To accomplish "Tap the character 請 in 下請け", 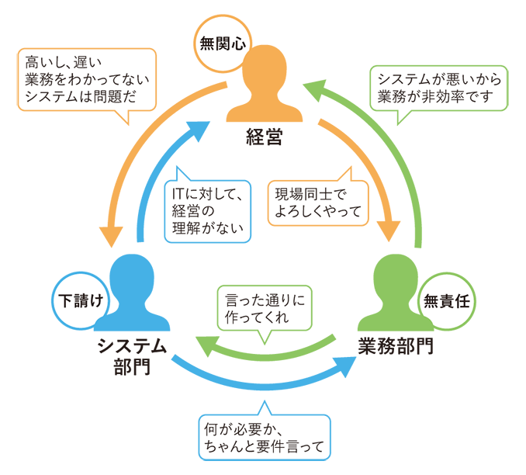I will click(x=80, y=301).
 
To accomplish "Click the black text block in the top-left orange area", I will click(x=85, y=78).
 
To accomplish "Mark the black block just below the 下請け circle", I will click(x=116, y=388).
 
